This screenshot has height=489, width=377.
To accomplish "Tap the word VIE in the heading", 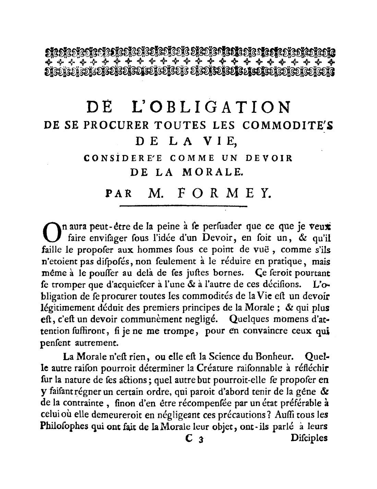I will pos(218,142).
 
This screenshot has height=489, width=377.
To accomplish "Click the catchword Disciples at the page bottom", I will pos(309,438).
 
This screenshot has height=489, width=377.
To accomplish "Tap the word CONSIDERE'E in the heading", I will pos(124,158).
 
